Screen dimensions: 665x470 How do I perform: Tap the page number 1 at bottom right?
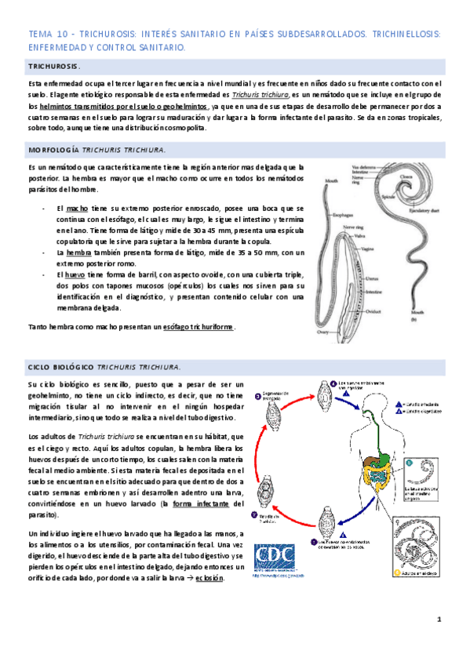[439, 620]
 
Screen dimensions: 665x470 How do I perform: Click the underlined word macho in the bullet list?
[77, 209]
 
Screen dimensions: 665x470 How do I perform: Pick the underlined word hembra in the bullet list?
[78, 253]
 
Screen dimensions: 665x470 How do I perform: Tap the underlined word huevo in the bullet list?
[75, 275]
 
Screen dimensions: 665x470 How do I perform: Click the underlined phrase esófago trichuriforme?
[197, 326]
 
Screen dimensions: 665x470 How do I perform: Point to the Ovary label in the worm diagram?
[323, 331]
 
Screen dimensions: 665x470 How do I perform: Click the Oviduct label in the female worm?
[370, 309]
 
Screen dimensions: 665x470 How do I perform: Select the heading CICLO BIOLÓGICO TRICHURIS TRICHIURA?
[104, 366]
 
